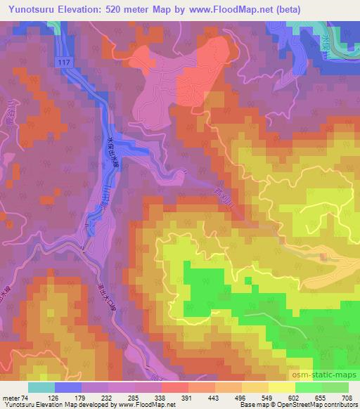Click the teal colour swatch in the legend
[x=41, y=387]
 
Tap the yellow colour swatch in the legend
[x=282, y=387]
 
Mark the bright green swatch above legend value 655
[x=309, y=387]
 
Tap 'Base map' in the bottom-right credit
[x=252, y=405]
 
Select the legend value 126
[x=67, y=397]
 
